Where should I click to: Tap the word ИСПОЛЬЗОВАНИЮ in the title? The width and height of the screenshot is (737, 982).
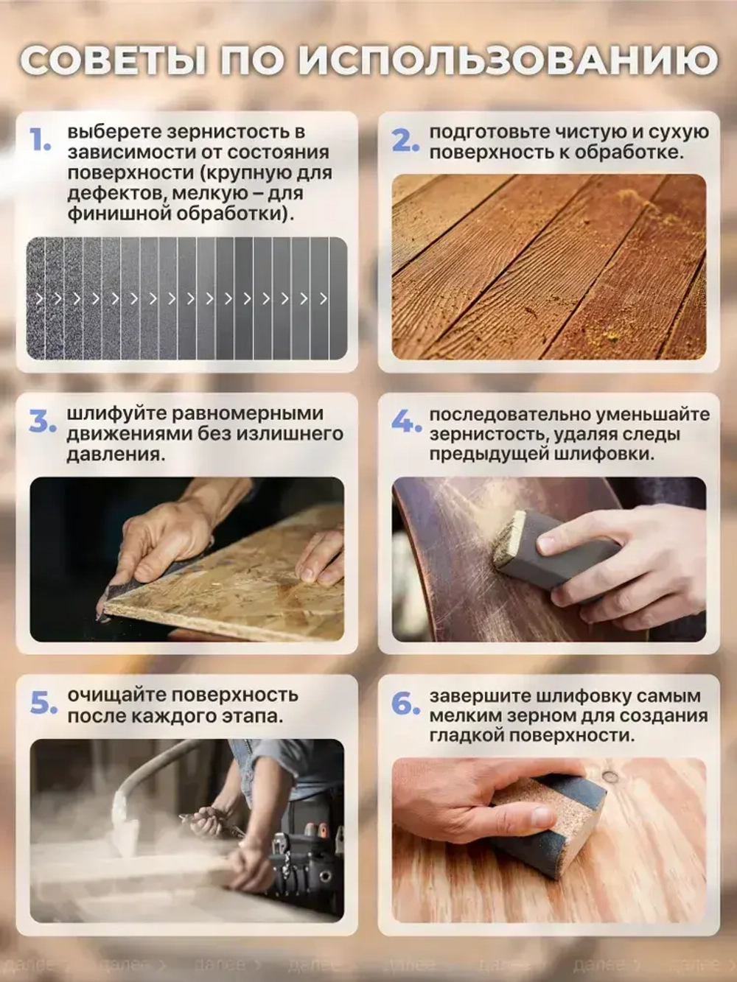pos(508,60)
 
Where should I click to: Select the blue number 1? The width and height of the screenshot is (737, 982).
pos(41,140)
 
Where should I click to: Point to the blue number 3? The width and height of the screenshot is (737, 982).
pos(42,422)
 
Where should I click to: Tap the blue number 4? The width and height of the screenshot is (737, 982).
pos(405,422)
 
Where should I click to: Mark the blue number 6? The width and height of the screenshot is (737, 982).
pos(405,704)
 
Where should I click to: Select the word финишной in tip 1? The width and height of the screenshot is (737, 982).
pos(118,214)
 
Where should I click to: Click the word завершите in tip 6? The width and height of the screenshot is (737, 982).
pos(479,696)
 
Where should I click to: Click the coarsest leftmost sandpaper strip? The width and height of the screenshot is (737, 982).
pos(35,298)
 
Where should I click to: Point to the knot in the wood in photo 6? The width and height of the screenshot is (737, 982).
pos(610,777)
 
